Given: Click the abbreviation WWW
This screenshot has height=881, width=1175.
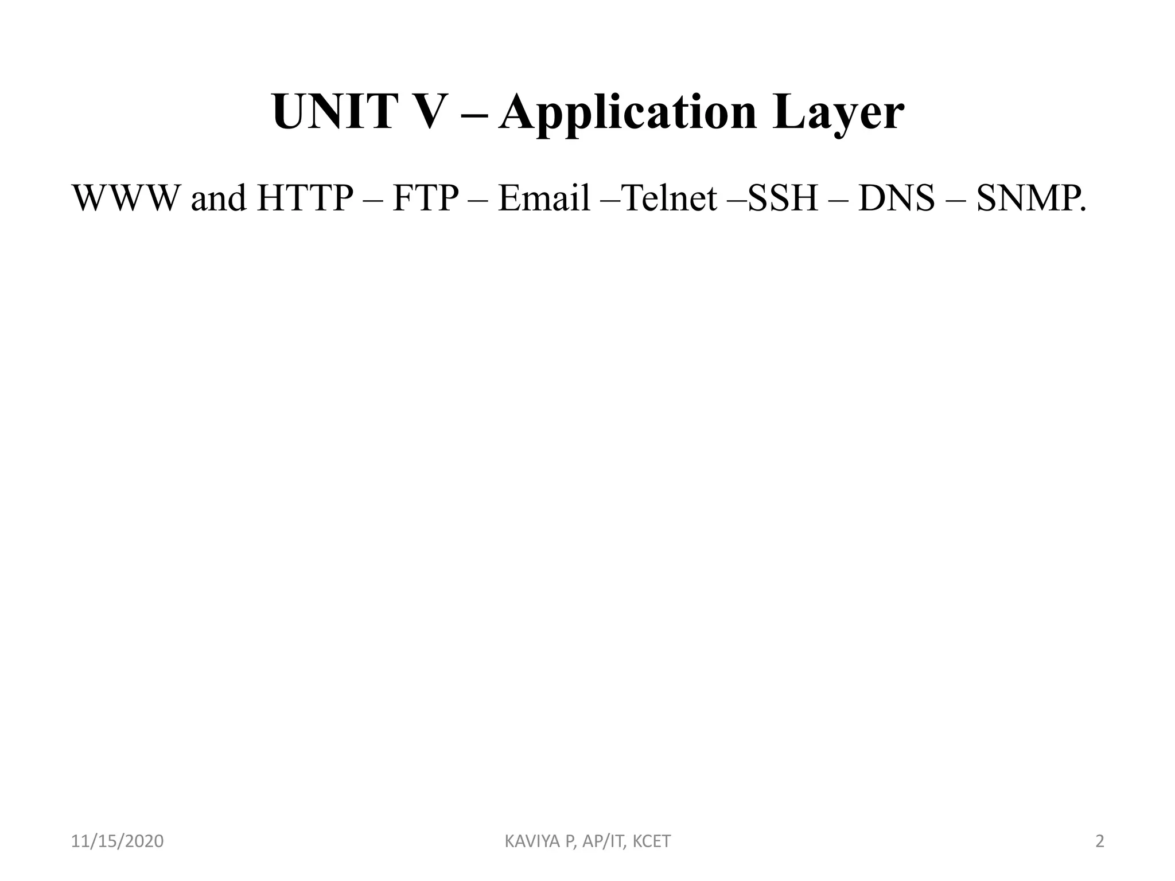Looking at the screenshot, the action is point(126,198).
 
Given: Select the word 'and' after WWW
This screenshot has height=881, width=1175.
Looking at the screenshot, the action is point(218,198).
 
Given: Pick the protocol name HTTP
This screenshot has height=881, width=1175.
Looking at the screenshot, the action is point(305,198).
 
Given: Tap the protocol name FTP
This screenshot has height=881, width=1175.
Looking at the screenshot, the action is point(426,198).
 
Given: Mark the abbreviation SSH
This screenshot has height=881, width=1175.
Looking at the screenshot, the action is point(783,198).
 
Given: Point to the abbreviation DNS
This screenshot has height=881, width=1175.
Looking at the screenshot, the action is point(896,198).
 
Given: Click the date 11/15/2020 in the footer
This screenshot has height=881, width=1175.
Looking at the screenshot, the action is point(117,842).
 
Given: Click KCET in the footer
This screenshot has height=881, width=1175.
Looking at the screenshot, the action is point(651,842).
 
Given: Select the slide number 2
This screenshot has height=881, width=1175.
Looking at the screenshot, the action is point(1099,842).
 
